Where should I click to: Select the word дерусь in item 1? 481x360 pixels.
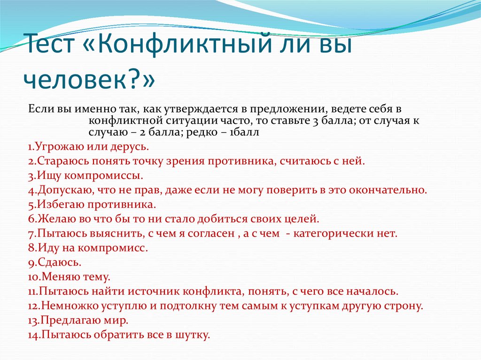pos(131,147)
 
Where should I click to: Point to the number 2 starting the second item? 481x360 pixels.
pos(30,161)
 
